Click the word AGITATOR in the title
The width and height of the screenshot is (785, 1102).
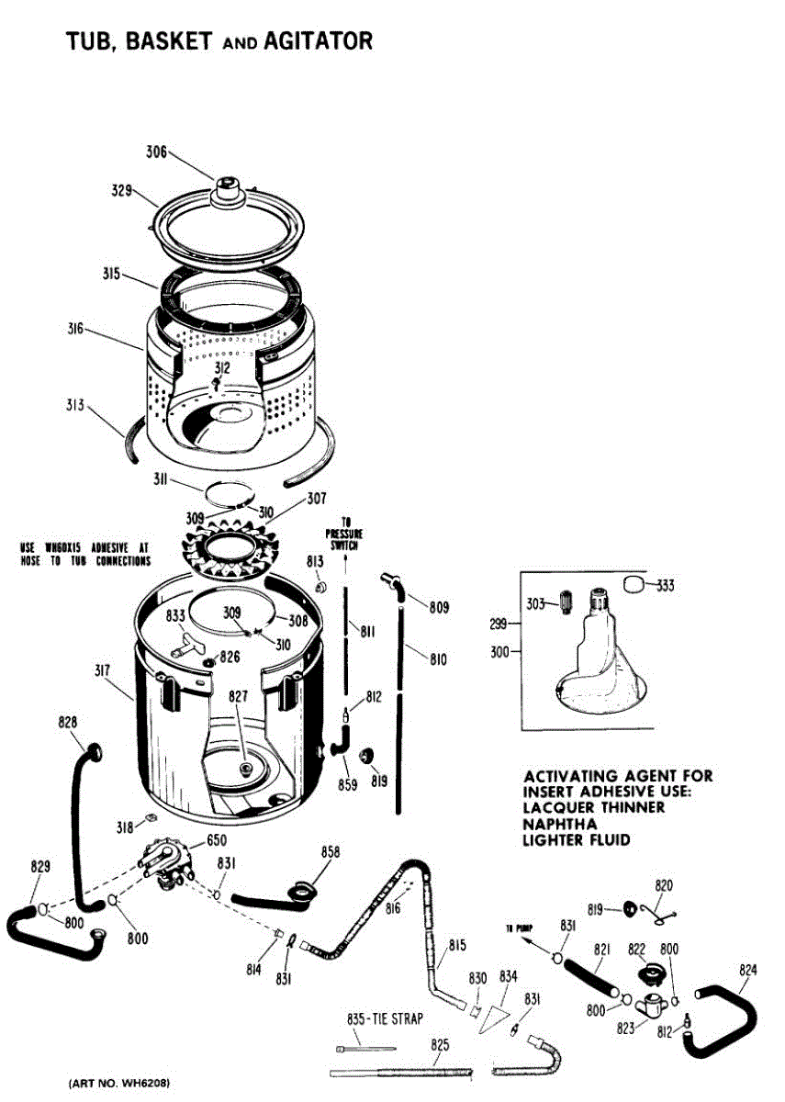click(x=318, y=41)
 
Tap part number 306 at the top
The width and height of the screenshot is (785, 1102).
click(x=157, y=152)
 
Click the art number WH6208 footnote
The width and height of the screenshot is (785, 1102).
click(x=119, y=1084)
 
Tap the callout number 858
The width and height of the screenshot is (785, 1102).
click(x=331, y=853)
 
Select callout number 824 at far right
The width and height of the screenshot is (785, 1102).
click(x=748, y=969)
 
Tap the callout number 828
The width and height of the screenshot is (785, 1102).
click(x=67, y=722)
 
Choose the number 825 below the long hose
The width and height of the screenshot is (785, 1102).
click(x=440, y=1045)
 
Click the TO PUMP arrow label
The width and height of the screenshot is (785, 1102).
click(x=520, y=928)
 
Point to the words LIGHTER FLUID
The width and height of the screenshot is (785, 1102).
click(x=577, y=839)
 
